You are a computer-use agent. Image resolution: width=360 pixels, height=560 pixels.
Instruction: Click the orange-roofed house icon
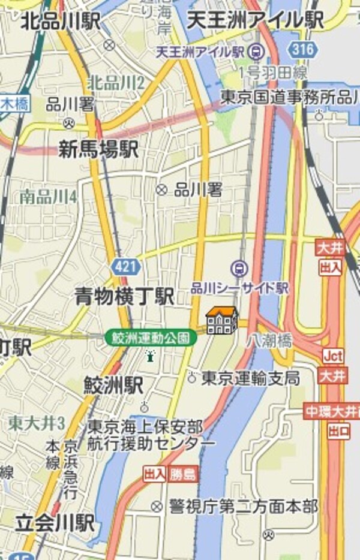click(x=221, y=320)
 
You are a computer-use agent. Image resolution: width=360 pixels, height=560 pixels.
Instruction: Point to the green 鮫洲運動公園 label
click(x=151, y=338)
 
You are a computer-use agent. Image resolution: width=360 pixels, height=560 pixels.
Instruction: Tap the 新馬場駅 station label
click(x=98, y=149)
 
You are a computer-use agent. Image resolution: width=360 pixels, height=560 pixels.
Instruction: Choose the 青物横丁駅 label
click(x=124, y=296)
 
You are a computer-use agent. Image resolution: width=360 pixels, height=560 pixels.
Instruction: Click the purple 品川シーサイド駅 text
click(x=239, y=289)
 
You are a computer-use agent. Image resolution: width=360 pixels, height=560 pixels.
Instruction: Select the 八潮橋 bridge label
click(x=269, y=341)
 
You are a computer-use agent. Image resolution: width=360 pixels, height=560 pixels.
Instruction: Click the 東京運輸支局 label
click(x=250, y=378)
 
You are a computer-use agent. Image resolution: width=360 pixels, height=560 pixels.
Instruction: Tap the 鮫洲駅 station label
click(x=113, y=386)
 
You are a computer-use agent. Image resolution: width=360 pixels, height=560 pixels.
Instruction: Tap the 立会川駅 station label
click(x=55, y=523)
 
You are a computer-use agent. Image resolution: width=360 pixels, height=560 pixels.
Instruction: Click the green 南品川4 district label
click(x=48, y=196)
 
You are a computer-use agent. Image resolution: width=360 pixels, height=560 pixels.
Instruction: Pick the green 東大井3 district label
click(x=36, y=423)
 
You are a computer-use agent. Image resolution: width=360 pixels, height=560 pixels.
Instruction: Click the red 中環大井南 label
click(x=332, y=412)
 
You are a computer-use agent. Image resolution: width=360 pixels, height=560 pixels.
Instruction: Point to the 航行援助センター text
click(x=151, y=443)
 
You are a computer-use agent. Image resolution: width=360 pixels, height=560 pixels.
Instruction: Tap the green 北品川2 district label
click(x=115, y=83)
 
